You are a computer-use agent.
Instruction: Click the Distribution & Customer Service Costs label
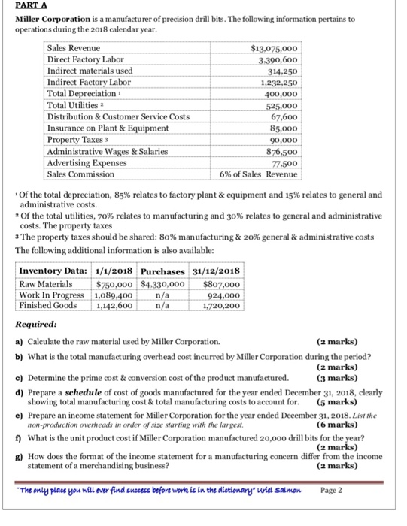118,117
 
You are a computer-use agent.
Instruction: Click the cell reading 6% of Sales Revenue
258,174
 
